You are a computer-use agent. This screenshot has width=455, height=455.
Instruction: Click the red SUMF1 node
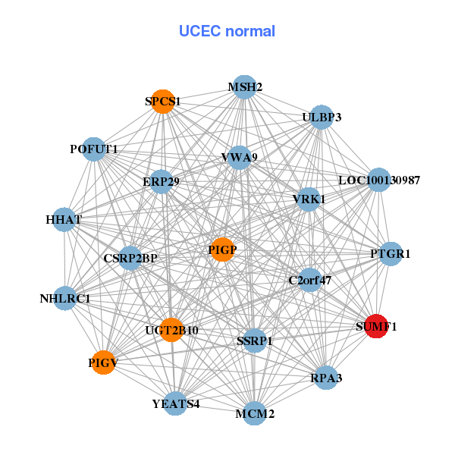(376, 327)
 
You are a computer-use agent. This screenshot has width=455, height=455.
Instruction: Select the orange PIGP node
(222, 249)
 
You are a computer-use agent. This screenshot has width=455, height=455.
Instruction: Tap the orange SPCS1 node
(163, 101)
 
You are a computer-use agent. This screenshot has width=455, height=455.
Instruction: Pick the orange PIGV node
(103, 363)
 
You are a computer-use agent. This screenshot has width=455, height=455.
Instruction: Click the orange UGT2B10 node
(172, 330)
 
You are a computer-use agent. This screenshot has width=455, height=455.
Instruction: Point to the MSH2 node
(244, 87)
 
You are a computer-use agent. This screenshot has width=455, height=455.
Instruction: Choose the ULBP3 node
(322, 118)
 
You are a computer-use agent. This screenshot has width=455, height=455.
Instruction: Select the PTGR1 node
(390, 254)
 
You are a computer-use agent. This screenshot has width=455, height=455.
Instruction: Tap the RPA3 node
(325, 377)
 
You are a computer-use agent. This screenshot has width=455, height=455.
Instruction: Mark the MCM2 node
(255, 413)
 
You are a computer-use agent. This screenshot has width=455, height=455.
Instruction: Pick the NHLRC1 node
(65, 298)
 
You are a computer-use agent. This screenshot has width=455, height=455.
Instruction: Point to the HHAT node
(64, 220)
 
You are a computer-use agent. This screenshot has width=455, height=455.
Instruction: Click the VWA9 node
(240, 158)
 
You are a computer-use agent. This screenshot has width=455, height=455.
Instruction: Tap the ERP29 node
(161, 182)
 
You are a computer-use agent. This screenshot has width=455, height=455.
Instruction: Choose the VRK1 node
(309, 199)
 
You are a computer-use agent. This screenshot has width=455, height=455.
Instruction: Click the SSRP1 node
(255, 340)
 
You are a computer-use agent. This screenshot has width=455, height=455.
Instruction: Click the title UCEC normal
(227, 31)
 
